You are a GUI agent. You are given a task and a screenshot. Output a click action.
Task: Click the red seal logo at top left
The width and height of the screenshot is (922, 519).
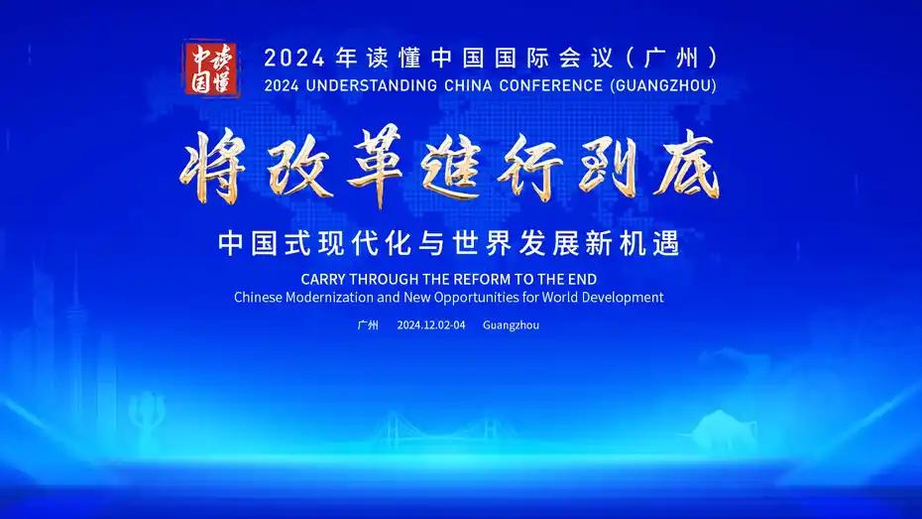pos(211,68)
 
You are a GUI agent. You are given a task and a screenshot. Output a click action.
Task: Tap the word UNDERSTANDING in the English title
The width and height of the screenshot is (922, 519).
pos(372,85)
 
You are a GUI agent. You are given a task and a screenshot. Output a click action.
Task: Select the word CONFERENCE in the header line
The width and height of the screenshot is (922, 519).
pos(551,85)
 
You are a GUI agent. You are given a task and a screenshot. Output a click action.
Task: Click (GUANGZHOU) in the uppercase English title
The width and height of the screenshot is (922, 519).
pos(664,85)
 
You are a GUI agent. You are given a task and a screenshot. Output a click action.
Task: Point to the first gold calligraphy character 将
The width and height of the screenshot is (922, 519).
pos(213,167)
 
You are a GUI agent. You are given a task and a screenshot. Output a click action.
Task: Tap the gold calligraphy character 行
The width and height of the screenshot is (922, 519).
pos(529,167)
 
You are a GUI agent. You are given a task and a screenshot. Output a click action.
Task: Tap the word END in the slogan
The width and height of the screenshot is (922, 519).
pos(583,279)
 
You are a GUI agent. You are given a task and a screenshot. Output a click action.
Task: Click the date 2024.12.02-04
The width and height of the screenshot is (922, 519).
pos(431,324)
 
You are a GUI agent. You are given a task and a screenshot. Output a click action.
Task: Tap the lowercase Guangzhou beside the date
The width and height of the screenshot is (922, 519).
pos(511,325)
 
